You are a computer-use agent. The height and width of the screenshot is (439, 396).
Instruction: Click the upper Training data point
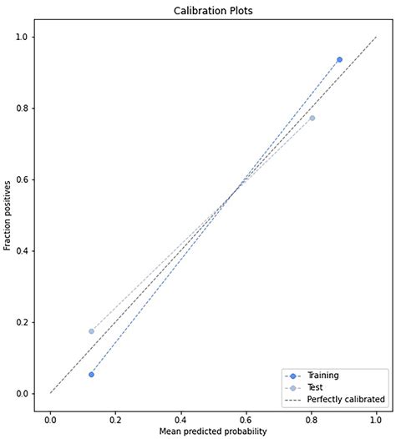tap(339, 60)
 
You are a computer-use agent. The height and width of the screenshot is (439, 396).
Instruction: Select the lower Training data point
tap(91, 374)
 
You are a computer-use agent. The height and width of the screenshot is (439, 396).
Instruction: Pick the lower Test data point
tap(91, 331)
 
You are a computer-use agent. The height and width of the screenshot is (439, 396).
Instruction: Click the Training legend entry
tap(321, 376)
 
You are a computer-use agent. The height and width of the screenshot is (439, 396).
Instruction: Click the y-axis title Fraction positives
tap(8, 215)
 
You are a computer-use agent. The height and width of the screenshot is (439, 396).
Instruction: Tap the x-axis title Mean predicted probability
tap(213, 431)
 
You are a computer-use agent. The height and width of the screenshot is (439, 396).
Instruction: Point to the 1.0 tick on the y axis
tap(20, 37)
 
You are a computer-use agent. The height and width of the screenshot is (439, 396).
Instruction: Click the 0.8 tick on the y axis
tap(20, 108)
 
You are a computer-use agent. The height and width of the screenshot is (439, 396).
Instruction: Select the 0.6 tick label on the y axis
tap(20, 179)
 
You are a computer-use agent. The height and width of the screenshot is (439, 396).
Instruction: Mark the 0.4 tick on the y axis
tap(20, 251)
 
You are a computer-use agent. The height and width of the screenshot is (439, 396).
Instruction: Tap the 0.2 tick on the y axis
tap(20, 322)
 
